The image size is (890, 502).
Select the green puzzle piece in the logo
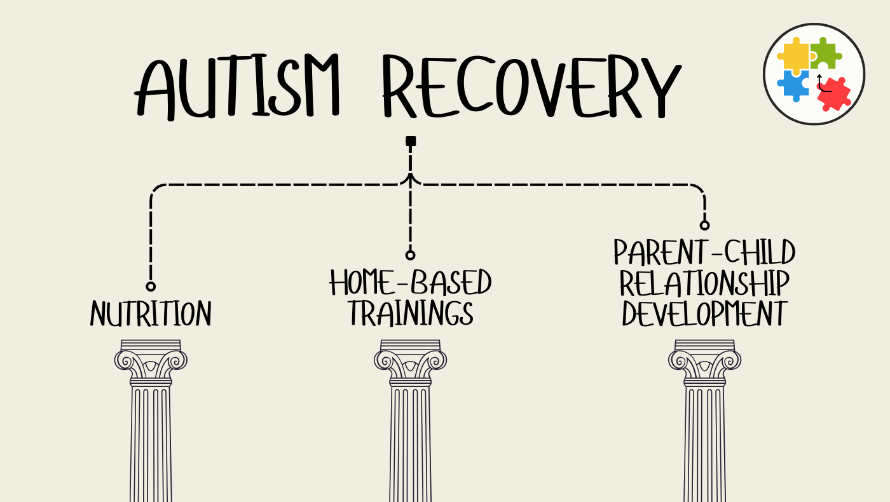825,54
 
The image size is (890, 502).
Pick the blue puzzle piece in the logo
793,85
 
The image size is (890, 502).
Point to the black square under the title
411,140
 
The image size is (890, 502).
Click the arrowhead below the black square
411,177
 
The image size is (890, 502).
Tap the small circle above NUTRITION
151,287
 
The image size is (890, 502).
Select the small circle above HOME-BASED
411,255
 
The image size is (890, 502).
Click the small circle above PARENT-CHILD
704,225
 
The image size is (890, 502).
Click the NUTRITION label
151,314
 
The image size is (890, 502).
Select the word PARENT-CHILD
704,253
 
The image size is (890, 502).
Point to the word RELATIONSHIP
704,283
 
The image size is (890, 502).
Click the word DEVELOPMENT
704,313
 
